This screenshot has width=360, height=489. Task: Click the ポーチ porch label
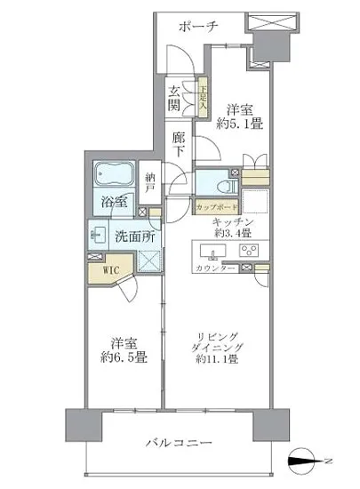[197, 27]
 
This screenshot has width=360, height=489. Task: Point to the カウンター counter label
[216, 269]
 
